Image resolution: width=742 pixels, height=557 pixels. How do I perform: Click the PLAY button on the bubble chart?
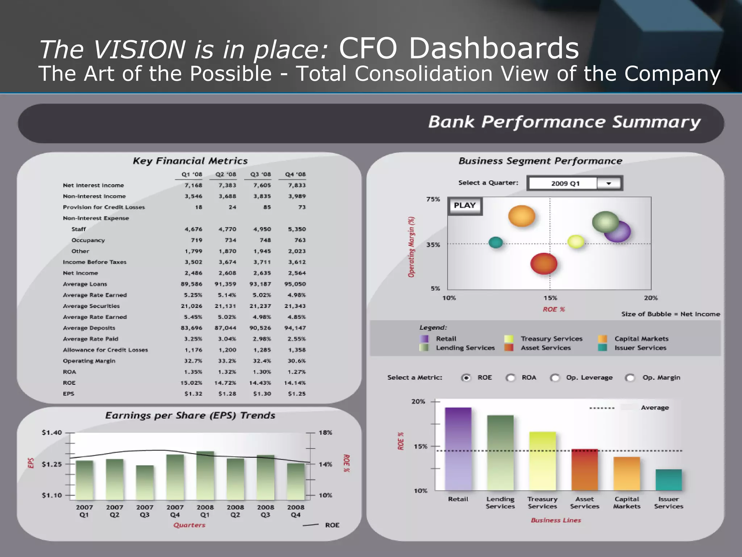[x=465, y=206]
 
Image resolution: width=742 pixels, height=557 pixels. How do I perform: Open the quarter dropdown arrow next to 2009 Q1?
[x=609, y=183]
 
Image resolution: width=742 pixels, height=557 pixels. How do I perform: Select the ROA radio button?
[x=510, y=378]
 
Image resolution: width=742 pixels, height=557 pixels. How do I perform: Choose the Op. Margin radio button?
[x=630, y=378]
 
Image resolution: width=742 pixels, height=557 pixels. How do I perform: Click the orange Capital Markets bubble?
[x=521, y=216]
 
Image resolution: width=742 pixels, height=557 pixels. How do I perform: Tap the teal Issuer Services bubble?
[x=495, y=242]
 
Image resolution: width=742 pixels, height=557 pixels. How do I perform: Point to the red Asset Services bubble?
[x=543, y=264]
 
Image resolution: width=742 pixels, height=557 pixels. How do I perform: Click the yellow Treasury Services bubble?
[x=576, y=242]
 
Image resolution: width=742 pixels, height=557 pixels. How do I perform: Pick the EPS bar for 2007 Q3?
[x=145, y=482]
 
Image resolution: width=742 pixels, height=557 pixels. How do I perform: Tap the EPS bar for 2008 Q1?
[x=205, y=475]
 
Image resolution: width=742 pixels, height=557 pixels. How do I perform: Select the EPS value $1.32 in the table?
[x=193, y=394]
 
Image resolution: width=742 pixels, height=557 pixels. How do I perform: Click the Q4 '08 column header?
[x=295, y=174]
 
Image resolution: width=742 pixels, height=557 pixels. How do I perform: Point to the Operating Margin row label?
[x=89, y=361]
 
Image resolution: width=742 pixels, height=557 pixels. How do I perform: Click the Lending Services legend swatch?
[x=424, y=348]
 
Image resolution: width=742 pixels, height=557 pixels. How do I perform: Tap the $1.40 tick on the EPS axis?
[x=52, y=433]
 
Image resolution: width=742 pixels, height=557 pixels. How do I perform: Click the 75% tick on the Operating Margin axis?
[x=433, y=199]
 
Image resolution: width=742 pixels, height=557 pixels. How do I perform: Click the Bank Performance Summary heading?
[x=564, y=122]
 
